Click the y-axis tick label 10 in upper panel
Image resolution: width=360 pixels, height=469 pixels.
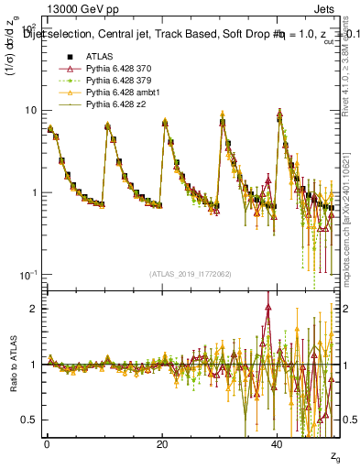coord(30,110)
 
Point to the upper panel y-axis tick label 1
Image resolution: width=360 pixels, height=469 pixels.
coord(34,192)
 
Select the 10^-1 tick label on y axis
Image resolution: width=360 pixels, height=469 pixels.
coord(28,275)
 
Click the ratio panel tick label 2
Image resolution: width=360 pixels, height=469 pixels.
coord(34,309)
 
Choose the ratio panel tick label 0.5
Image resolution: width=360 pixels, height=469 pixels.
coord(29,420)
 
